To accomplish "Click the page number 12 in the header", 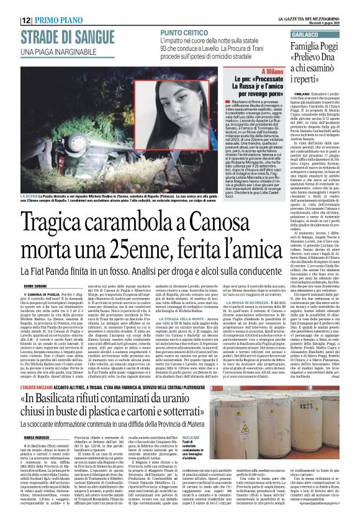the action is (27, 20).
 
